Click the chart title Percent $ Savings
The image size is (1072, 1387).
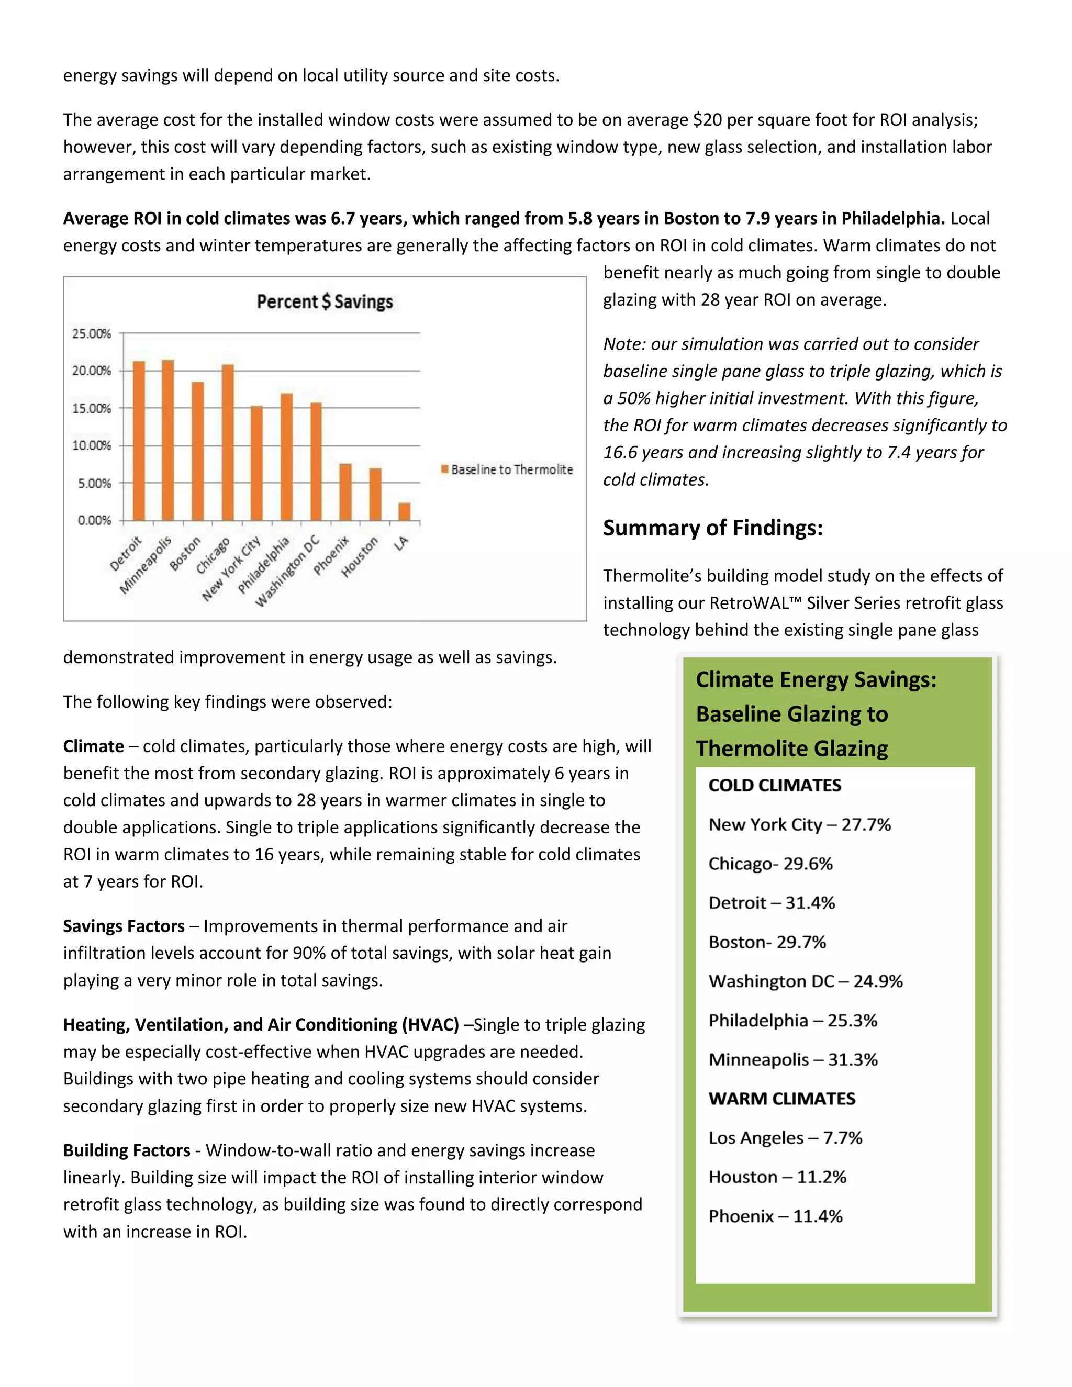click(325, 301)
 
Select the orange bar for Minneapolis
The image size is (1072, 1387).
click(167, 440)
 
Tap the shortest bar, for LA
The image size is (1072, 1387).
click(405, 511)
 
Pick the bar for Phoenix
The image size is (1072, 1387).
click(345, 492)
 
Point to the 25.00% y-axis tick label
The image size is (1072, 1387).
click(92, 333)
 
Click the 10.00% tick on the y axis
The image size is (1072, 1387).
click(92, 445)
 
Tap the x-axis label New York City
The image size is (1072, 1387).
click(231, 568)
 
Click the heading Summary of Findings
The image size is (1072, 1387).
click(712, 528)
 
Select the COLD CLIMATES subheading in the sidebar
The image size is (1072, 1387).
click(775, 786)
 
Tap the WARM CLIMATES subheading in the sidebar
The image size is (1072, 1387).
click(782, 1099)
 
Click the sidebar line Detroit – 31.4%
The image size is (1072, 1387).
click(772, 903)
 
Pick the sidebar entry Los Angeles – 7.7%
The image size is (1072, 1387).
click(786, 1138)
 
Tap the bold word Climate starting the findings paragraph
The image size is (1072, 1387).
click(93, 746)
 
